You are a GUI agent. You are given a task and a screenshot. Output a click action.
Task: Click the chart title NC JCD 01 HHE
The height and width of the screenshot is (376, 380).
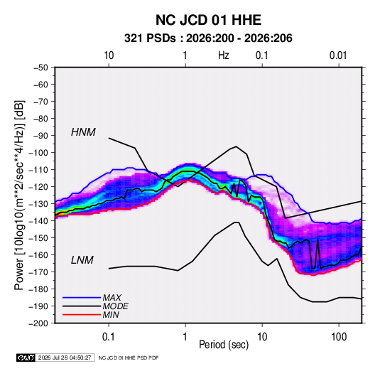[208, 20]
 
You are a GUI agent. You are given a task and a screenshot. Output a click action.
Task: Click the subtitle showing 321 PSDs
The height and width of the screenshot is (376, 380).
[208, 38]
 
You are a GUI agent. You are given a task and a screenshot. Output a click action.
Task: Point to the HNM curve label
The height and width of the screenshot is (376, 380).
[83, 132]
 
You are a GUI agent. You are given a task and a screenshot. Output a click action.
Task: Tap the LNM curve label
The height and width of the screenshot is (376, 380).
[82, 260]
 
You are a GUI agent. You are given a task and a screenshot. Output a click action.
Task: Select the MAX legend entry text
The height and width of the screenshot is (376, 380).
[112, 297]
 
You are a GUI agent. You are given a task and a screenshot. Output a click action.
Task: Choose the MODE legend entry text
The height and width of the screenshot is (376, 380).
[115, 306]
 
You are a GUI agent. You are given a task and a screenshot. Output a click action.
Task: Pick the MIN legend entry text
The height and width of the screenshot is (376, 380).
[111, 315]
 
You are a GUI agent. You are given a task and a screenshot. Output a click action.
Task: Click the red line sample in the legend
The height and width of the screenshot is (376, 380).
[82, 315]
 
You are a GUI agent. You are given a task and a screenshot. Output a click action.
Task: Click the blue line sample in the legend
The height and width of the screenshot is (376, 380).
[82, 297]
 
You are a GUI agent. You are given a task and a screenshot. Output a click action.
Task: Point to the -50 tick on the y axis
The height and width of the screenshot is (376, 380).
[40, 68]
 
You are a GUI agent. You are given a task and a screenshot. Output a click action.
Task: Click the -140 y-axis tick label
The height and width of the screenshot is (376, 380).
[38, 221]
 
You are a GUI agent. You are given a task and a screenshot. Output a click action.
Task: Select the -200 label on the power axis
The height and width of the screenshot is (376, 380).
[38, 323]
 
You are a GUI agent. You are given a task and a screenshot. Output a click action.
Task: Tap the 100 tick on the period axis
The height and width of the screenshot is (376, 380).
[339, 337]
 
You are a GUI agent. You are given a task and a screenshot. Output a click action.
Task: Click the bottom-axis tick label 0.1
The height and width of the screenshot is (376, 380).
[109, 337]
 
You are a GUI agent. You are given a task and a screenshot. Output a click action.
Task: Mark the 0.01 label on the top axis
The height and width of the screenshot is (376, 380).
[338, 55]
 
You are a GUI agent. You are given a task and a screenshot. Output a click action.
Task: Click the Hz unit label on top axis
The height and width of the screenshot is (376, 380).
[224, 55]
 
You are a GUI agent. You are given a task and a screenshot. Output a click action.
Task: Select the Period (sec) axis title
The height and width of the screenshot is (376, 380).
[224, 345]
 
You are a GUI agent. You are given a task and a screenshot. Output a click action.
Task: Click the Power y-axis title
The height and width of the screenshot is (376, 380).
[19, 195]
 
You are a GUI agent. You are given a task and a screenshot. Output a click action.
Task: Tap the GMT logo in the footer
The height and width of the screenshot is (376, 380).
[26, 358]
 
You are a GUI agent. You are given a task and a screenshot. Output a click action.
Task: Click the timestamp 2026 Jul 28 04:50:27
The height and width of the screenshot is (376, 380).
[65, 358]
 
